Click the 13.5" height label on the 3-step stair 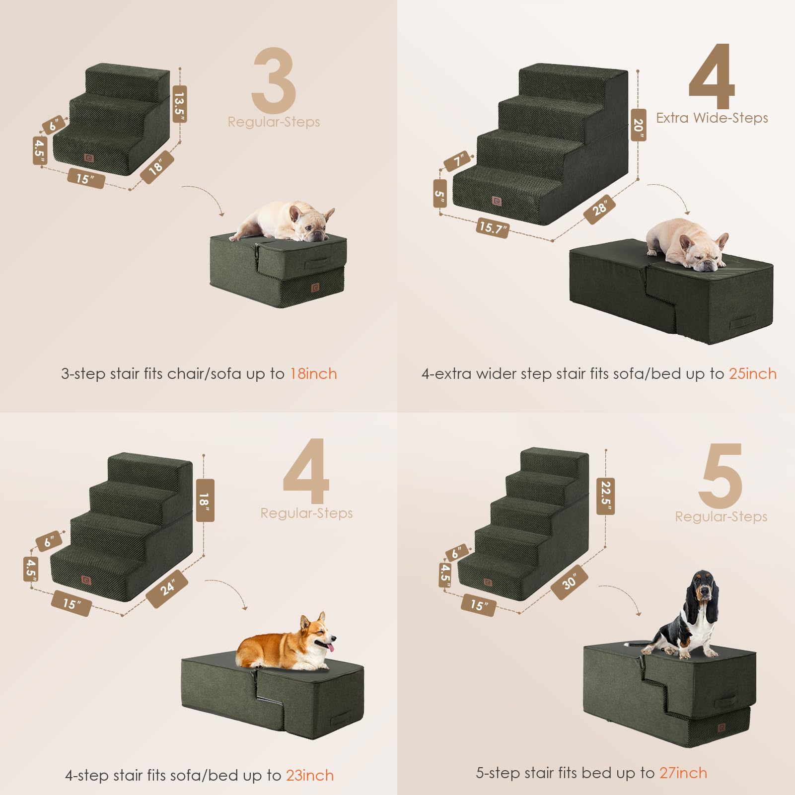click(x=180, y=103)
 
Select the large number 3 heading click(x=274, y=80)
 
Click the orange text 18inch click(x=313, y=374)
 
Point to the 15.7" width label click(x=492, y=228)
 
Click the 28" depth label click(x=600, y=209)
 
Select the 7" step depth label click(x=457, y=161)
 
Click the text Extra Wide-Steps click(x=712, y=118)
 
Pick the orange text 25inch click(x=752, y=374)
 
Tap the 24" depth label click(x=167, y=588)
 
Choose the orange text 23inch click(x=310, y=775)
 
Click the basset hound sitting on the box click(x=690, y=616)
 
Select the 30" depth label click(x=569, y=582)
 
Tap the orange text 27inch click(x=683, y=773)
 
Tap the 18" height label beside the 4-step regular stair click(x=205, y=500)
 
